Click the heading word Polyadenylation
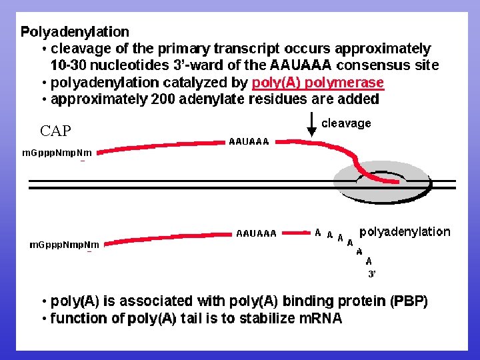click(x=75, y=31)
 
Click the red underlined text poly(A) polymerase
click(x=318, y=83)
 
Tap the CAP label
click(x=55, y=130)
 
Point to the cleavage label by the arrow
click(x=346, y=123)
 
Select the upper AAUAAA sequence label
click(x=249, y=141)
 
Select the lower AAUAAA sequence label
click(x=256, y=233)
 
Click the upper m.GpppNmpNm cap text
click(x=57, y=153)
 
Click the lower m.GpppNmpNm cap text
click(x=64, y=245)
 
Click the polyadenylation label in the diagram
click(x=405, y=232)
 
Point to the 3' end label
click(x=372, y=273)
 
